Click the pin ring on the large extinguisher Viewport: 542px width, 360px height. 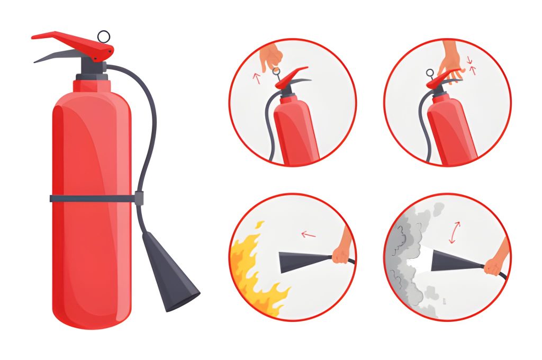(104, 36)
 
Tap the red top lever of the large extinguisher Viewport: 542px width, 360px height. (74, 42)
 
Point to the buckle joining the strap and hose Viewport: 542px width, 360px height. (139, 199)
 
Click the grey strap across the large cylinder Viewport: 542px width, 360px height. (90, 199)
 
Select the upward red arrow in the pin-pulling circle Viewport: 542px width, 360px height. (257, 79)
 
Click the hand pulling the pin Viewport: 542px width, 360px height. (271, 55)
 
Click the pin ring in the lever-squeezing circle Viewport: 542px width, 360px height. (429, 73)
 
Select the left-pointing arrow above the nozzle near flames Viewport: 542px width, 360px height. (308, 234)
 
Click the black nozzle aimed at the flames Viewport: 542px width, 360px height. (302, 261)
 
